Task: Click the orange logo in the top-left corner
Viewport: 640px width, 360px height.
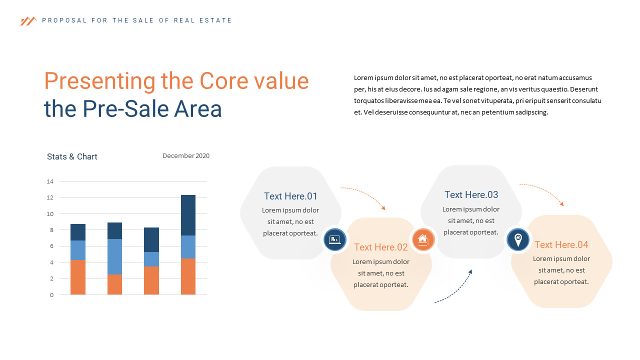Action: click(x=28, y=21)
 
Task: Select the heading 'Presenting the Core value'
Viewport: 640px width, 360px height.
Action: click(x=176, y=81)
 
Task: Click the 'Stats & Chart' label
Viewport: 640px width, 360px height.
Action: click(x=72, y=157)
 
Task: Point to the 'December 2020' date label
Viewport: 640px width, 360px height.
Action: click(x=186, y=156)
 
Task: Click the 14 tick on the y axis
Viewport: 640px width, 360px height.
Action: click(x=50, y=181)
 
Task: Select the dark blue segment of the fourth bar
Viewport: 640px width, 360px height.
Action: click(x=188, y=215)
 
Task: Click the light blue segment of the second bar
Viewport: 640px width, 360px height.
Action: click(x=114, y=256)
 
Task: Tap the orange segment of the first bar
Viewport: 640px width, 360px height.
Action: click(x=78, y=277)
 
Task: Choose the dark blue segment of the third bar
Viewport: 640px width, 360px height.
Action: click(x=151, y=239)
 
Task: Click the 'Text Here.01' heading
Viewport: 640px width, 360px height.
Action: click(x=290, y=196)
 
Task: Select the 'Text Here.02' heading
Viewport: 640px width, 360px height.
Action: click(x=381, y=247)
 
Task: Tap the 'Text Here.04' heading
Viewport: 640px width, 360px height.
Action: click(x=561, y=245)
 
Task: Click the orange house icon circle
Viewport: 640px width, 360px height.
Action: click(x=423, y=239)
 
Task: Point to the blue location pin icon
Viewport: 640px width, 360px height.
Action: click(x=518, y=239)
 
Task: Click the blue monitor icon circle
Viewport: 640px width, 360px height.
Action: click(x=335, y=239)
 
